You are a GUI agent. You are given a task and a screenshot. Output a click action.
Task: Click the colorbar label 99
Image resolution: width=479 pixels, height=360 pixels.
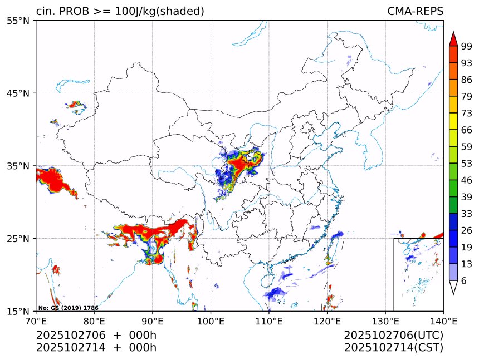click(467, 47)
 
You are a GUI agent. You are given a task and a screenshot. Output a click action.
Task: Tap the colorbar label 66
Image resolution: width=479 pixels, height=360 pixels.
click(467, 130)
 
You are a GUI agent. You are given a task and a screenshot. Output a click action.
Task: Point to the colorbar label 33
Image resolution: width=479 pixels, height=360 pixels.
click(467, 213)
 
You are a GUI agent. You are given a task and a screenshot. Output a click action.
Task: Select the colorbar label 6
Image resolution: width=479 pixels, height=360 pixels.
click(464, 280)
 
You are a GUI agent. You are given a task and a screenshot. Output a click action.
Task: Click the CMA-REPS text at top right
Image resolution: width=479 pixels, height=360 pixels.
click(415, 12)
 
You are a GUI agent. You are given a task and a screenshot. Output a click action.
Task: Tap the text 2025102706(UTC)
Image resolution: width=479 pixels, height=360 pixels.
click(393, 336)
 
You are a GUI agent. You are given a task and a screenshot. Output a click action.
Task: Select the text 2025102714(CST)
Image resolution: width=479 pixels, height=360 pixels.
click(393, 348)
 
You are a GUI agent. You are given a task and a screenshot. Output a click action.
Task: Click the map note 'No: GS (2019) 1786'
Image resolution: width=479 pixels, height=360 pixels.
click(68, 308)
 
